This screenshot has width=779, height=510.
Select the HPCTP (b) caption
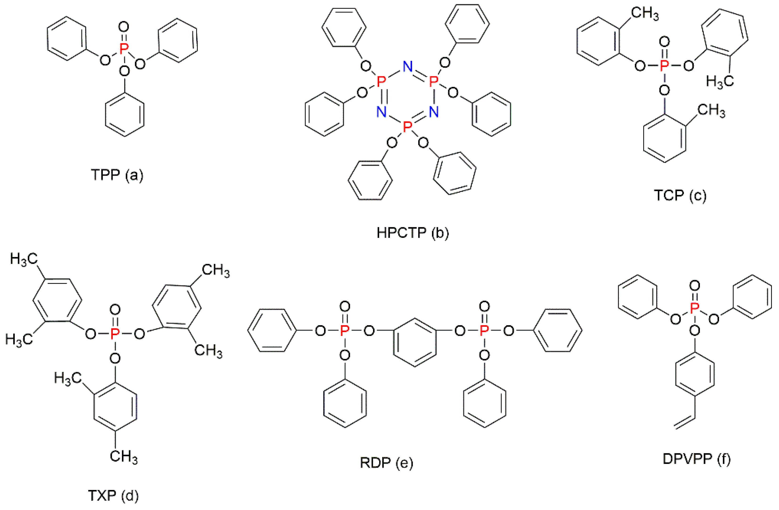412,233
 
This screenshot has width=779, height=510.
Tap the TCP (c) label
680,195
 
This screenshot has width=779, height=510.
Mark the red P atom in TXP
115,334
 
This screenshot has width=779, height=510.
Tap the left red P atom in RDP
344,331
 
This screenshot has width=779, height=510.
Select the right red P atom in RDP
484,331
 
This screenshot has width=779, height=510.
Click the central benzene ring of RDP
415,343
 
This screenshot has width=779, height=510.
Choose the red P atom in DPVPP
694,308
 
